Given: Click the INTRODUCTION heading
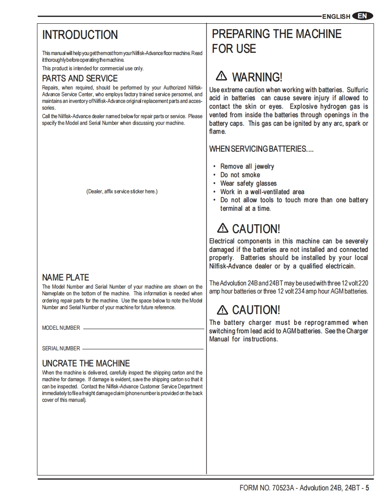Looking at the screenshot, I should pos(80,35).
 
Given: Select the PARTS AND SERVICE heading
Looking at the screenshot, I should pos(80,79).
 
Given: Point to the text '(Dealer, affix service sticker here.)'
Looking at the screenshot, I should pos(122,191).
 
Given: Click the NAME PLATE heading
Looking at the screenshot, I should pos(65,277).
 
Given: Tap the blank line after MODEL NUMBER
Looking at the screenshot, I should pos(143,329).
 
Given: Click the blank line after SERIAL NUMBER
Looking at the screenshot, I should pos(143,349).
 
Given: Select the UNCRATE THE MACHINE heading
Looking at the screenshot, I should pos(86,363).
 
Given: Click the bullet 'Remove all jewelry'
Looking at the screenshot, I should pos(247,166).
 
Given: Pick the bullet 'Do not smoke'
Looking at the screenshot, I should pos(240,175).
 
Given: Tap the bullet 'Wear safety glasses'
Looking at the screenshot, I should pos(248,183).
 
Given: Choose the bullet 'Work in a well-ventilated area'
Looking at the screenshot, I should pos(262,192).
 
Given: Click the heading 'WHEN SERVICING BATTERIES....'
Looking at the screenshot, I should pos(261,149).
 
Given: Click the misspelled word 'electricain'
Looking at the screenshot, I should pos(339,266).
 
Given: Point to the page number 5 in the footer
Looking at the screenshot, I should pos(367,488).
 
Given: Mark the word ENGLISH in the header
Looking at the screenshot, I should pos(336,17).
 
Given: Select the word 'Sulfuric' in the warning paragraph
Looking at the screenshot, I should pos(358,90).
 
